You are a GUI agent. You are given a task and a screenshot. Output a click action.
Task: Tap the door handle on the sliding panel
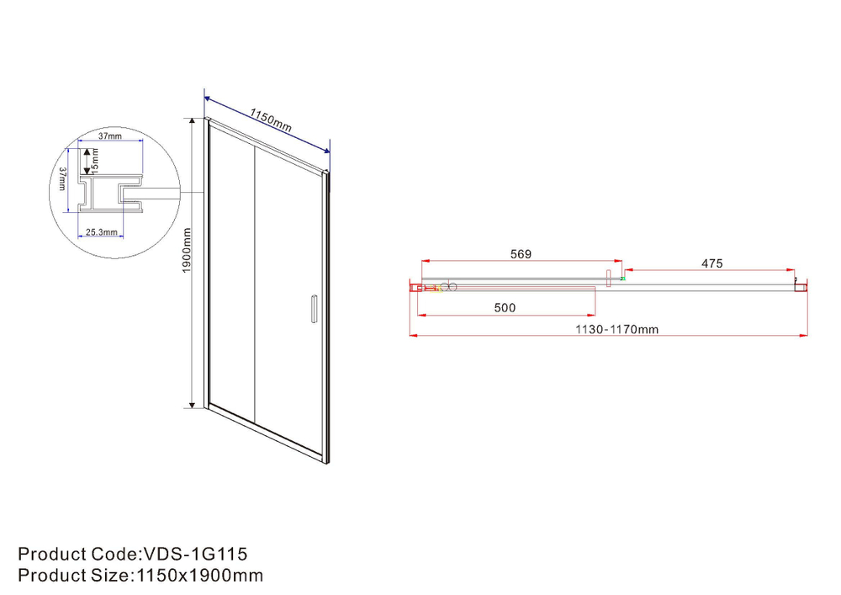pyautogui.click(x=312, y=308)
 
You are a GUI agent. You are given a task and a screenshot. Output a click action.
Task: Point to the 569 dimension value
pyautogui.click(x=521, y=254)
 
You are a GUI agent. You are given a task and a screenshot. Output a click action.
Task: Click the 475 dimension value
pyautogui.click(x=711, y=263)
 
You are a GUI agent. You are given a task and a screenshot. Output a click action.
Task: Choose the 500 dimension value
pyautogui.click(x=505, y=308)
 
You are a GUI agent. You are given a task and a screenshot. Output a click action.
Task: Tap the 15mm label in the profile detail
pyautogui.click(x=95, y=157)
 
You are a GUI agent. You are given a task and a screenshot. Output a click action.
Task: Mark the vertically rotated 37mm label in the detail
pyautogui.click(x=63, y=178)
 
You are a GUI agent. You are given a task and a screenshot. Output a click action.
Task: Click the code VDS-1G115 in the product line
pyautogui.click(x=194, y=554)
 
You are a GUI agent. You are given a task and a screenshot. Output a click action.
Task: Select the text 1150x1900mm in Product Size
pyautogui.click(x=198, y=576)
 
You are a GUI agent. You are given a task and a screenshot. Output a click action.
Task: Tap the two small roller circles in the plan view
pyautogui.click(x=448, y=287)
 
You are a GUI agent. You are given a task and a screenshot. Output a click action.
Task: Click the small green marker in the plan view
pyautogui.click(x=623, y=278)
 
